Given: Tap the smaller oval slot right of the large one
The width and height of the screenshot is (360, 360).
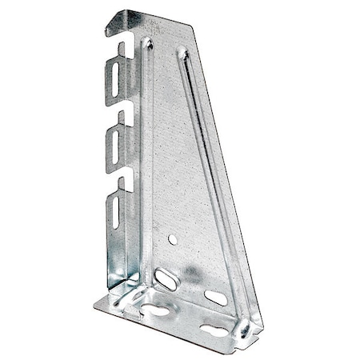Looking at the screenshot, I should coord(216,297).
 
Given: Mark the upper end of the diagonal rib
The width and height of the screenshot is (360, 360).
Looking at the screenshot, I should coord(182,55).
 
